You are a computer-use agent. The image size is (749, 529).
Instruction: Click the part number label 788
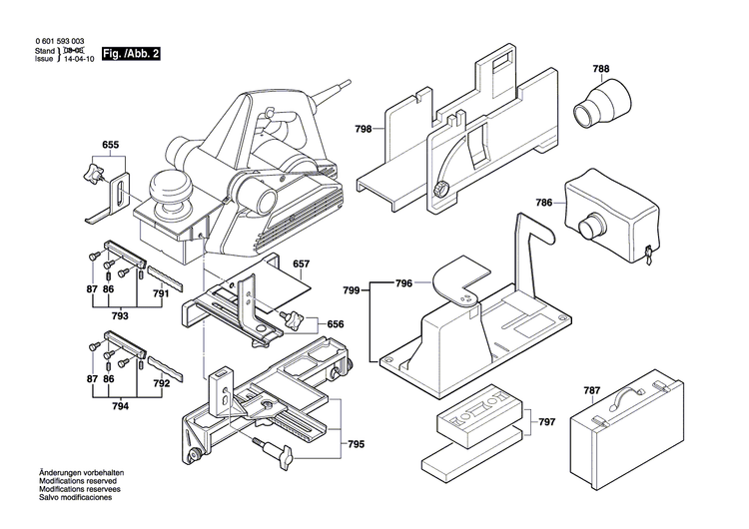click(600, 70)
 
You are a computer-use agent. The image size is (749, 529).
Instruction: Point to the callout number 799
click(351, 289)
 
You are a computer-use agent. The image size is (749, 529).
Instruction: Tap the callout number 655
click(111, 146)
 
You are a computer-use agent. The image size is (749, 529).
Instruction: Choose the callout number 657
click(301, 264)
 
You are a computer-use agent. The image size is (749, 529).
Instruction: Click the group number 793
click(119, 315)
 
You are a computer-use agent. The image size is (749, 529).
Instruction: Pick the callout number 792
click(162, 382)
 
